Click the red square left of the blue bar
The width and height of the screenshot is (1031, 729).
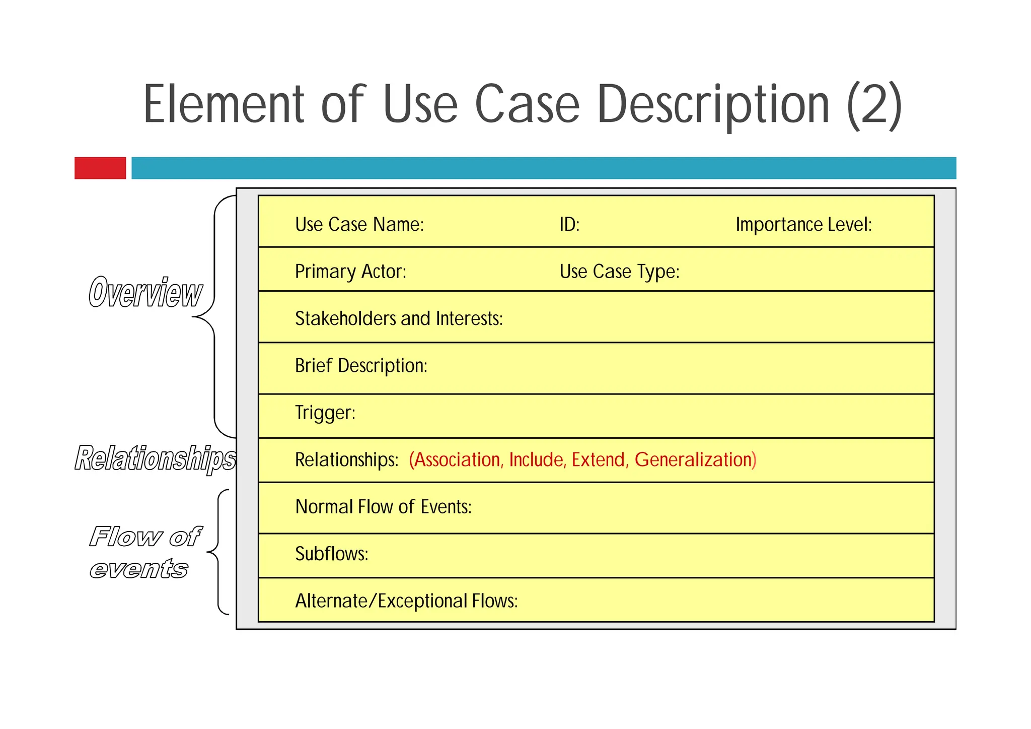click(100, 168)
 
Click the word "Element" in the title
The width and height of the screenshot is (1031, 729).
click(224, 104)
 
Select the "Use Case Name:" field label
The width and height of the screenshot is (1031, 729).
click(359, 225)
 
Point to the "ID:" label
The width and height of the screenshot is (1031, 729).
click(569, 225)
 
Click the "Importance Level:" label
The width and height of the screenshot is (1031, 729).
click(803, 225)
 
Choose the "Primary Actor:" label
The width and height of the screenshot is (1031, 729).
click(350, 272)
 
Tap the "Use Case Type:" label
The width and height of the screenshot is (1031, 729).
click(619, 272)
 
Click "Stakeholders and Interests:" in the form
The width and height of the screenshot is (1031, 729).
click(399, 318)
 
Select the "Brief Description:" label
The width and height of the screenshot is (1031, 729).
click(361, 366)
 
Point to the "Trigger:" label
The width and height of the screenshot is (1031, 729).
click(325, 413)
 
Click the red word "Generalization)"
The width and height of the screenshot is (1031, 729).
click(695, 459)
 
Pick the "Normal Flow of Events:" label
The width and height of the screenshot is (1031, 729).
click(383, 507)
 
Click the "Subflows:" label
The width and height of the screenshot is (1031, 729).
click(332, 554)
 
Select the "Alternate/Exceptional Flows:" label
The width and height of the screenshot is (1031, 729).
click(406, 601)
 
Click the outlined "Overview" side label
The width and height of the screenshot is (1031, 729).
click(145, 293)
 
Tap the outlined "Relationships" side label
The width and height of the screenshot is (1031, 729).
click(155, 458)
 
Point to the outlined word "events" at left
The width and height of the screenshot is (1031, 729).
click(139, 569)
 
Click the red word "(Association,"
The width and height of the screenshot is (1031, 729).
click(456, 459)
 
